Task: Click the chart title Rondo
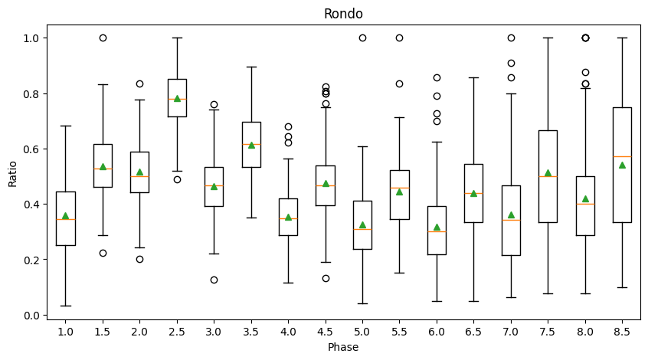343,14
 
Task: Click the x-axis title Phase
343,347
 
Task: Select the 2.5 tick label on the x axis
177,332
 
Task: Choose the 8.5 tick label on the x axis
622,332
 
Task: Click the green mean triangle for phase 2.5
177,98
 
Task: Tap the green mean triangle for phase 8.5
622,165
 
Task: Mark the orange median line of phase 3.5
251,144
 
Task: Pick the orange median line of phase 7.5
548,176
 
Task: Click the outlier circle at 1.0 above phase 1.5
103,38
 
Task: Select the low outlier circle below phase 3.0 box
214,280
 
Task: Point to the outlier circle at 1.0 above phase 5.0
362,38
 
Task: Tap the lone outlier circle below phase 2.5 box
177,179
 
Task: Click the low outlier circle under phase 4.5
326,278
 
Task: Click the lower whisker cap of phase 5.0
362,303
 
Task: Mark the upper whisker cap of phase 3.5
251,67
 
